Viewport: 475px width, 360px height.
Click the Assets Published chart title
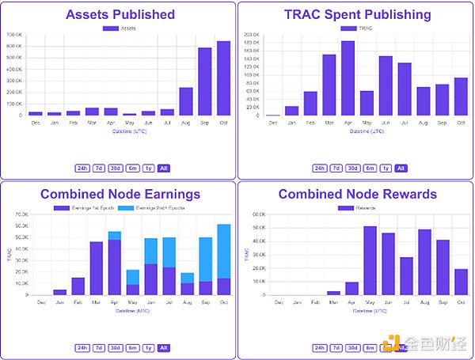(x=120, y=14)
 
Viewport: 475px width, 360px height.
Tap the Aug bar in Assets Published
(x=186, y=100)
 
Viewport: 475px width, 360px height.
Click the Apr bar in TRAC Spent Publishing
(x=348, y=78)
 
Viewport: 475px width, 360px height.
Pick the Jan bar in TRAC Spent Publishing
(x=291, y=110)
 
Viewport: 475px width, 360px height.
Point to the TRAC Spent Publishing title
(x=358, y=14)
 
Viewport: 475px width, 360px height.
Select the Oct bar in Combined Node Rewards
(x=461, y=281)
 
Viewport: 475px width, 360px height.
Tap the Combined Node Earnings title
(x=120, y=194)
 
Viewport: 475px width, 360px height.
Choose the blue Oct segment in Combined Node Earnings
(x=223, y=251)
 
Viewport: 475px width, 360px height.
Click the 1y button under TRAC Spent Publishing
(x=386, y=168)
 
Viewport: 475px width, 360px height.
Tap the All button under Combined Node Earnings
(x=163, y=347)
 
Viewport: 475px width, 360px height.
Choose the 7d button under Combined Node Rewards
(x=336, y=347)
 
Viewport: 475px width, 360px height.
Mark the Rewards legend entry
(x=358, y=207)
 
